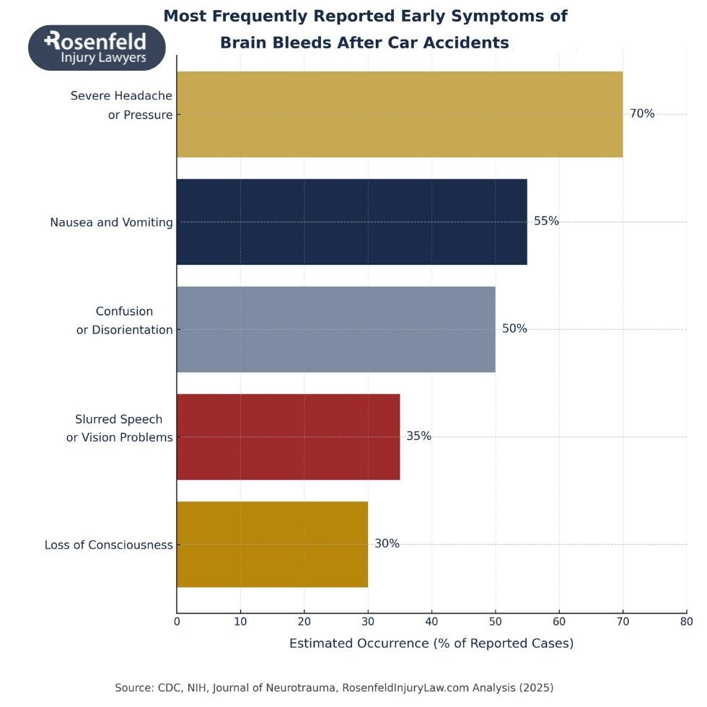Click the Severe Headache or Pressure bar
[399, 114]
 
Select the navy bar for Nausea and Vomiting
[351, 221]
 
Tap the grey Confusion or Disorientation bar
[335, 329]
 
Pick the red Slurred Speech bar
[288, 436]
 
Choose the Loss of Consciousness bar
[272, 544]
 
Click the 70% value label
[642, 113]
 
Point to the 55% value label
[546, 221]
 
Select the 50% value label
[514, 329]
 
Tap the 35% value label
[418, 436]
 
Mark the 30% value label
[387, 544]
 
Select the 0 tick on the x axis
[177, 620]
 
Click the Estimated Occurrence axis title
[431, 644]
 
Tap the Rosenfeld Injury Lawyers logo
[97, 48]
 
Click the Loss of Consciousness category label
[109, 545]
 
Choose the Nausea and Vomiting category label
[111, 222]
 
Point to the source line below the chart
[334, 688]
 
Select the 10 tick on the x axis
[240, 620]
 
